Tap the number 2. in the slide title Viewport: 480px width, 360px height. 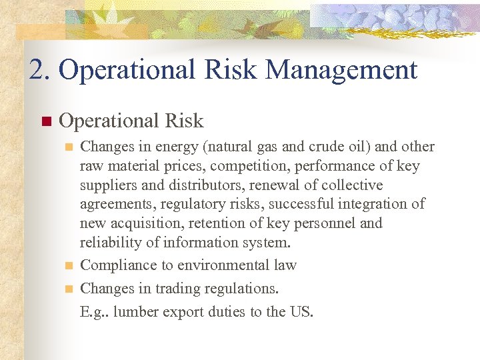(x=41, y=70)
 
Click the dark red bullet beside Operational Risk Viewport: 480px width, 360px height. (x=45, y=121)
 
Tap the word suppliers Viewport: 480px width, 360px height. (x=108, y=185)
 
